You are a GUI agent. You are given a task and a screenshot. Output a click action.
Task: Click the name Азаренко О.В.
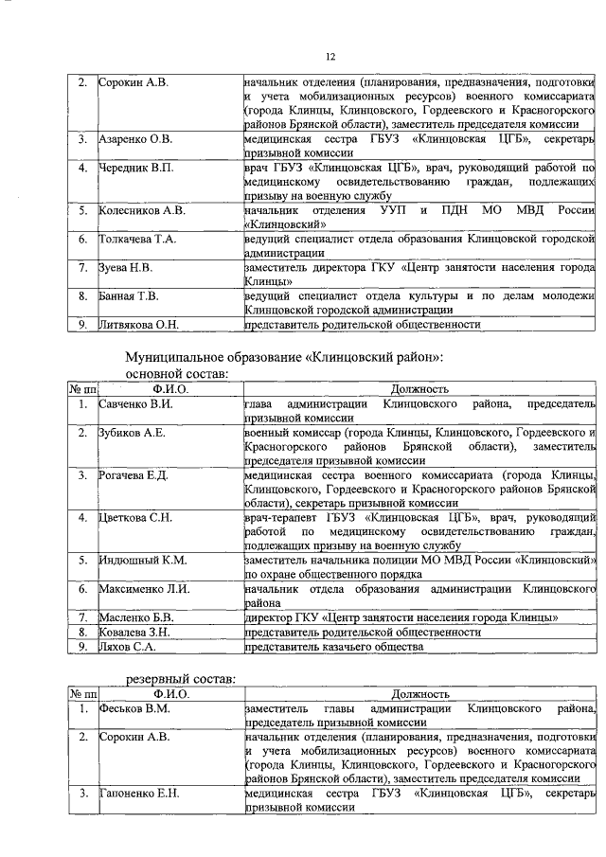[x=135, y=140]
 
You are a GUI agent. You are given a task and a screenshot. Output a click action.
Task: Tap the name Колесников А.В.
[x=142, y=210]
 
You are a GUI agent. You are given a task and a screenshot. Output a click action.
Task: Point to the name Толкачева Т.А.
[x=138, y=239]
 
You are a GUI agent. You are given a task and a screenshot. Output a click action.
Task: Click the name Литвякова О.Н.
[x=139, y=324]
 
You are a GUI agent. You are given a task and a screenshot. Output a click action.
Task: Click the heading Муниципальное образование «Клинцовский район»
[x=284, y=357]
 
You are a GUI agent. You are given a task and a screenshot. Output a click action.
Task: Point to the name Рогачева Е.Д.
[x=134, y=474]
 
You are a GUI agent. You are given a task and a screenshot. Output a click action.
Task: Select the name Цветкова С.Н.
[x=135, y=517]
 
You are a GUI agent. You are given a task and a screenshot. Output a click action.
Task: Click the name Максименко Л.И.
[x=145, y=588]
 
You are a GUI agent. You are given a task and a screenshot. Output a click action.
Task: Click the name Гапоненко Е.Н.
[x=138, y=792]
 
